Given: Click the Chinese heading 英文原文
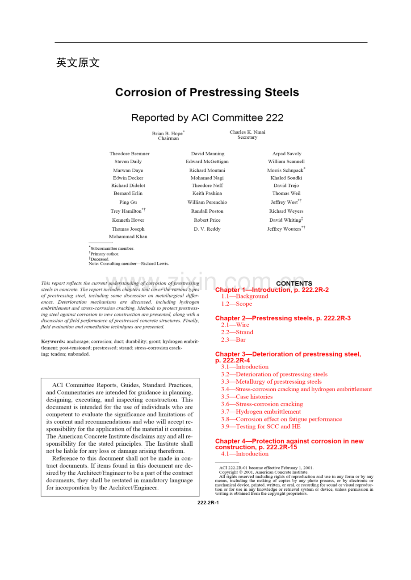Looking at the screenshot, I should pyautogui.click(x=78, y=63).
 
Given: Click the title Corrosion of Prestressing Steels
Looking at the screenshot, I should pyautogui.click(x=207, y=92).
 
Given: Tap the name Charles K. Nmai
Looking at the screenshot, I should pyautogui.click(x=247, y=132).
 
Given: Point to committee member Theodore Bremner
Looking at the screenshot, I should pyautogui.click(x=130, y=153).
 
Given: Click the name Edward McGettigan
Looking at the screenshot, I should pyautogui.click(x=207, y=162).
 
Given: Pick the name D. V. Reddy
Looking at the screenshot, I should pyautogui.click(x=207, y=229).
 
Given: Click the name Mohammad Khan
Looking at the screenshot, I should pyautogui.click(x=128, y=236).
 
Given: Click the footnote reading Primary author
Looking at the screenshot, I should pyautogui.click(x=105, y=254).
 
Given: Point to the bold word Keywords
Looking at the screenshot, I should pyautogui.click(x=53, y=341).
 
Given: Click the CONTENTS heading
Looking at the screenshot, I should pyautogui.click(x=294, y=283).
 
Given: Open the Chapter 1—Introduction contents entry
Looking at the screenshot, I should pyautogui.click(x=272, y=290).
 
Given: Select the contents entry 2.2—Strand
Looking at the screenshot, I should pyautogui.click(x=237, y=332).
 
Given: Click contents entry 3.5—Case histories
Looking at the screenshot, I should pyautogui.click(x=247, y=397).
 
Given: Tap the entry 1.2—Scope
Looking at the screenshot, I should pyautogui.click(x=236, y=304).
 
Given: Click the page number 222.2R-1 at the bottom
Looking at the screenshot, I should pyautogui.click(x=208, y=502).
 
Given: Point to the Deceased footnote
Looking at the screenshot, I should pyautogui.click(x=100, y=259).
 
